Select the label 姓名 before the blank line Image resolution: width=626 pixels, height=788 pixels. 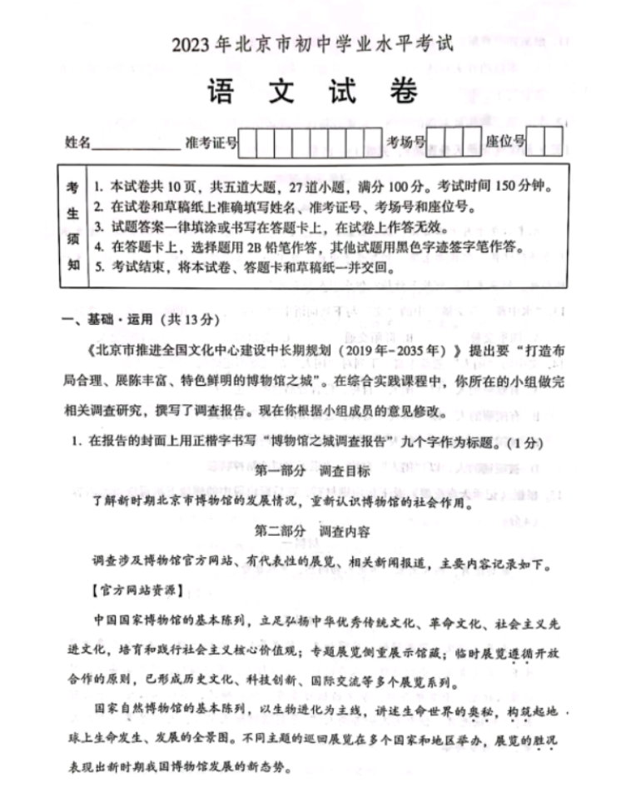(78, 142)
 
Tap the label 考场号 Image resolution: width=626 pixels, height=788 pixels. (405, 142)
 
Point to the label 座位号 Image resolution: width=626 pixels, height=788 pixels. (505, 142)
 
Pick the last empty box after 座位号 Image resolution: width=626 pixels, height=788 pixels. (555, 141)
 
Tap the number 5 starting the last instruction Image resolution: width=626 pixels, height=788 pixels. (97, 268)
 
